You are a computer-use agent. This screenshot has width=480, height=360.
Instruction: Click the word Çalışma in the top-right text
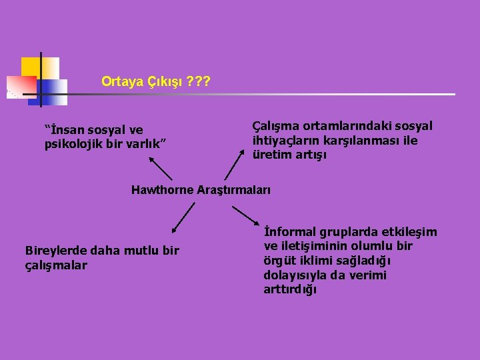pyautogui.click(x=275, y=126)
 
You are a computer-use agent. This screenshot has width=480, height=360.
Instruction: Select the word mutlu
pyautogui.click(x=142, y=251)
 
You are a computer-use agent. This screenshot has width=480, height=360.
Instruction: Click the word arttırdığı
pyautogui.click(x=290, y=289)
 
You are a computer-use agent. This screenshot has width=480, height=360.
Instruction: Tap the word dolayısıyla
pyautogui.click(x=297, y=275)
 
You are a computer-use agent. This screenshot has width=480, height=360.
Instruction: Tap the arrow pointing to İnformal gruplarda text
pyautogui.click(x=249, y=217)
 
